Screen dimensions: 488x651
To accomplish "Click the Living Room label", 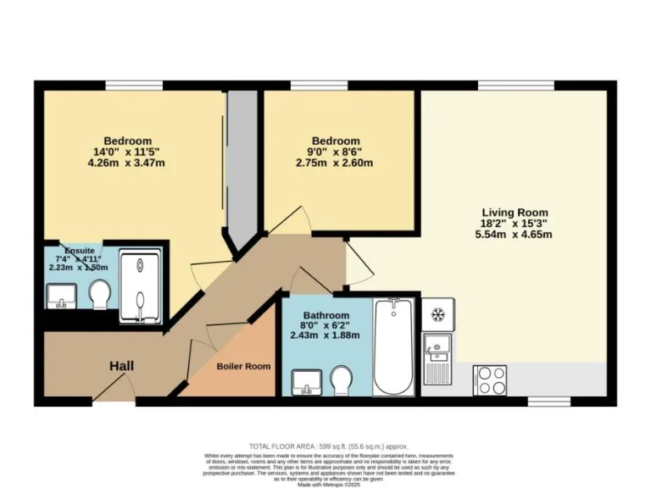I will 515,213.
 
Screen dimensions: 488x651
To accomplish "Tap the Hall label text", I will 121,366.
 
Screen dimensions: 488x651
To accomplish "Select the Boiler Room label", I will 243,366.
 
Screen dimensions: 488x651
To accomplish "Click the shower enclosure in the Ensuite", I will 140,287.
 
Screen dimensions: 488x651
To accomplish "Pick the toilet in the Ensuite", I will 100,295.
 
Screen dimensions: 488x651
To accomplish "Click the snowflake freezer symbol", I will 438,315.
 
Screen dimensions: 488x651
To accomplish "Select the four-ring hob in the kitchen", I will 489,380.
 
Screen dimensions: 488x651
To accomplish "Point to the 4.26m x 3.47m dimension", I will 127,163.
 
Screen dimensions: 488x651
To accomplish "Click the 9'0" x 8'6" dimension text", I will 336,152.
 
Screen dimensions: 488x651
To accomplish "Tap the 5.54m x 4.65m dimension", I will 515,235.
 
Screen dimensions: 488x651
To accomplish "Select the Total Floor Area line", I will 329,446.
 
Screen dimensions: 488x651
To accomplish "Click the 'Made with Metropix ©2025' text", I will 329,483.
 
